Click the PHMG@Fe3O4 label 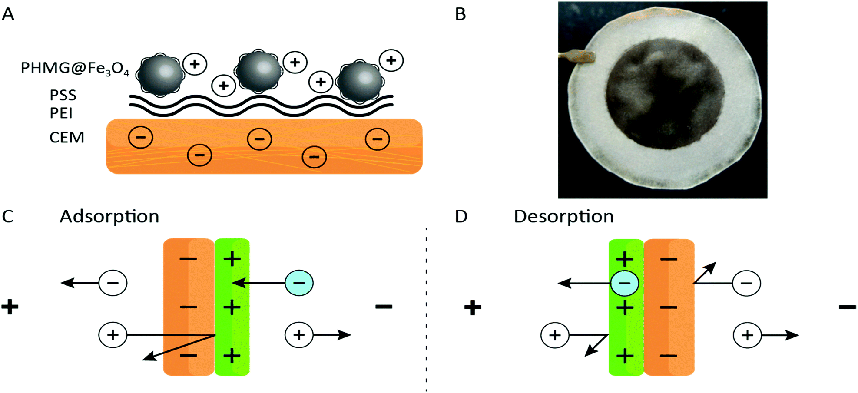click(x=75, y=69)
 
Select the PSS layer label click(x=63, y=95)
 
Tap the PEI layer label click(x=61, y=113)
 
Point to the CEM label click(x=66, y=138)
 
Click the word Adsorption click(x=109, y=216)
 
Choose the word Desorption click(x=563, y=216)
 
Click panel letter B click(x=460, y=14)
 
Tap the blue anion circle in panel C click(x=299, y=283)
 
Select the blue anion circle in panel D click(x=624, y=283)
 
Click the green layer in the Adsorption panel click(x=232, y=321)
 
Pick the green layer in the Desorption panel click(x=626, y=330)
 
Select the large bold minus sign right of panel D click(x=847, y=307)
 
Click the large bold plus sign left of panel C click(x=10, y=307)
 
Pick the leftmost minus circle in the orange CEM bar click(x=140, y=138)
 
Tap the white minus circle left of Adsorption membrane click(x=113, y=283)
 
